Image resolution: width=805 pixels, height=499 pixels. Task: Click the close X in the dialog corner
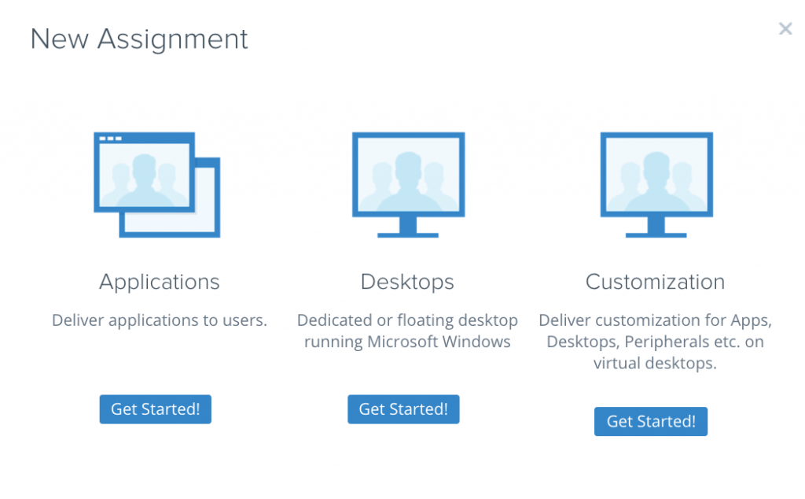click(x=785, y=29)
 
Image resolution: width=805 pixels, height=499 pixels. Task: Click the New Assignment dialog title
click(x=139, y=39)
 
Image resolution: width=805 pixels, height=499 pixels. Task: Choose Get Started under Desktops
click(x=403, y=409)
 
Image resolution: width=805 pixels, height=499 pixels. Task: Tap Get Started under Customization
click(x=651, y=421)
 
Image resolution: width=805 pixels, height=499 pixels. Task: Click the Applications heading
click(x=160, y=282)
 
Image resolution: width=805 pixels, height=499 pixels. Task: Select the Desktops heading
click(x=407, y=282)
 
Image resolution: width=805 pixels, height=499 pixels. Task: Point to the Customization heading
click(x=655, y=282)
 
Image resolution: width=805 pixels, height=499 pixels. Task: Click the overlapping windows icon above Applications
click(x=156, y=184)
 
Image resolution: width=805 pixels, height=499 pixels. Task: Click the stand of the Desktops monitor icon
click(x=407, y=228)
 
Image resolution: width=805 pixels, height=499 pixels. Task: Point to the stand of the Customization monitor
click(x=656, y=228)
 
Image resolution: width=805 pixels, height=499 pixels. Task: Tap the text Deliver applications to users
click(x=160, y=321)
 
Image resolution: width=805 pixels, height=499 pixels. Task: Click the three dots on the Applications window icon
click(x=110, y=139)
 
